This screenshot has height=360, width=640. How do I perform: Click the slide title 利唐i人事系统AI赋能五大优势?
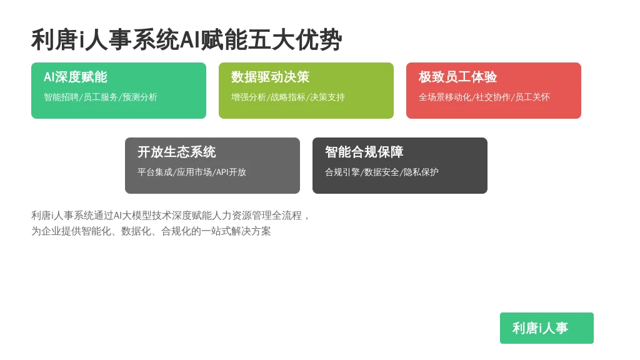click(x=186, y=40)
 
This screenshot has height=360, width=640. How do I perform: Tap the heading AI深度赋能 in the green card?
click(x=76, y=77)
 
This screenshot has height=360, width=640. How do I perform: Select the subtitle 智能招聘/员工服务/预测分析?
click(x=101, y=97)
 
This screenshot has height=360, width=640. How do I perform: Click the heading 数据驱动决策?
click(x=270, y=77)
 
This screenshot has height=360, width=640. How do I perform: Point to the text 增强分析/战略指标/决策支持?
click(x=287, y=97)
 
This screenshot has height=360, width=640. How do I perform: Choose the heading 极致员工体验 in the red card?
click(x=457, y=77)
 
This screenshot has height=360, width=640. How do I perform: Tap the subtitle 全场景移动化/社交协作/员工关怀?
click(x=484, y=97)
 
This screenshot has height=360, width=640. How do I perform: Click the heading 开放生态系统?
click(x=176, y=152)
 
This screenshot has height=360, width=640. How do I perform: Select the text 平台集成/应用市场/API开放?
click(x=192, y=172)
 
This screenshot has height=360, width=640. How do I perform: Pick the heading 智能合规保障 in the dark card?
click(x=364, y=152)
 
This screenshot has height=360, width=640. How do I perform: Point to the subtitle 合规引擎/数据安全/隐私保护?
click(x=382, y=172)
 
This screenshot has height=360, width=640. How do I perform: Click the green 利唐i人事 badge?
click(x=546, y=328)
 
